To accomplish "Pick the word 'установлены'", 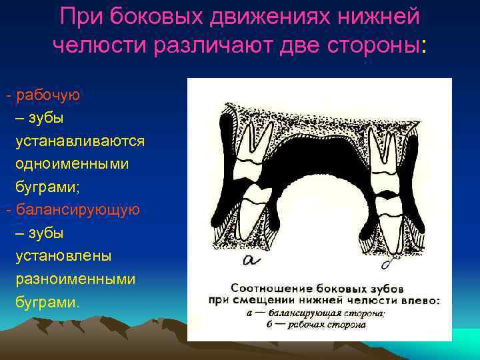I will pos(64,256).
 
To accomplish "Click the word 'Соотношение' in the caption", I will pos(269,288).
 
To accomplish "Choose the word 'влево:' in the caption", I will pos(419,301).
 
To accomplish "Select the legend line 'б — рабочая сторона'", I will pos(306,325).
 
